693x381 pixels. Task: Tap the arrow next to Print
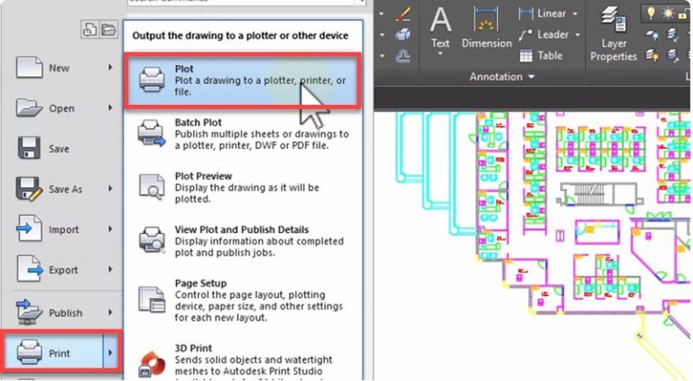[110, 353]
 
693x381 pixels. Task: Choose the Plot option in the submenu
[244, 81]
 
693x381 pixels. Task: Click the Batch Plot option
[244, 134]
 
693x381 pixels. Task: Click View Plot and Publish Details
[244, 240]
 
